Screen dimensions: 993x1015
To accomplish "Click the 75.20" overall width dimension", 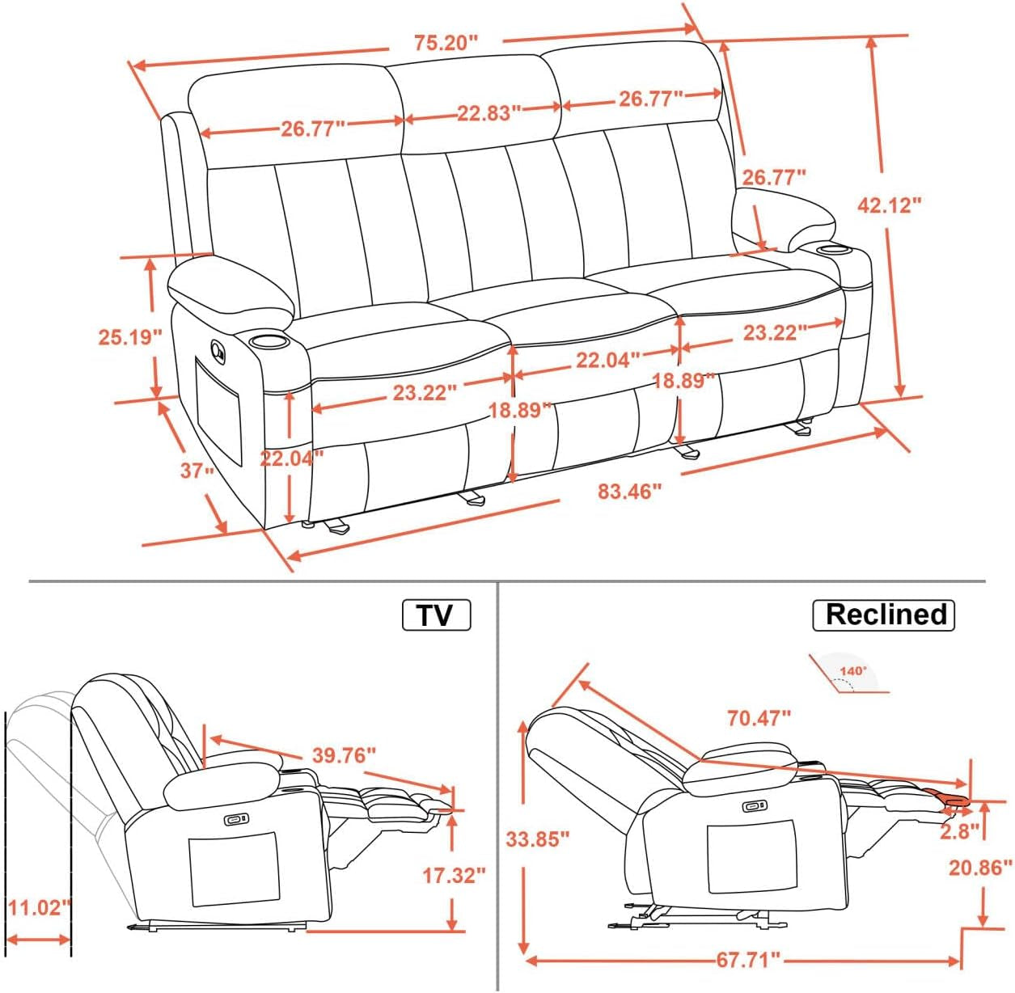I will click(446, 43).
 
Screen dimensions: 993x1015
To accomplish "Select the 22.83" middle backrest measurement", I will click(484, 112).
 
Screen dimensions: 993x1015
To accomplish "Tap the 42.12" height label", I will click(889, 205).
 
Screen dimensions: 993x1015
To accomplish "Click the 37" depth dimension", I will click(197, 470).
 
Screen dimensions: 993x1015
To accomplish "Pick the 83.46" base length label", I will click(629, 491).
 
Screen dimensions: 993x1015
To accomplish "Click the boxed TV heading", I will click(436, 615).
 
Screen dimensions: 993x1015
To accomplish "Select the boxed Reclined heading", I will click(884, 615).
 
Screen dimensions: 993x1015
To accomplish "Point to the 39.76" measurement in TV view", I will click(344, 755).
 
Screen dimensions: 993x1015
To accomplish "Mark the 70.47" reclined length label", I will click(758, 717).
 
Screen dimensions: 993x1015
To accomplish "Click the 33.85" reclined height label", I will click(538, 839).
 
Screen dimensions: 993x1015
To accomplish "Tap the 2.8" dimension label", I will click(959, 830).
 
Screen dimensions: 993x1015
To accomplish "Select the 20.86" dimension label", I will click(980, 868).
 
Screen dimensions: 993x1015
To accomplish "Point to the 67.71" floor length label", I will click(748, 960).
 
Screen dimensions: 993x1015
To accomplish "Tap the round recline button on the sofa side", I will click(218, 349).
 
